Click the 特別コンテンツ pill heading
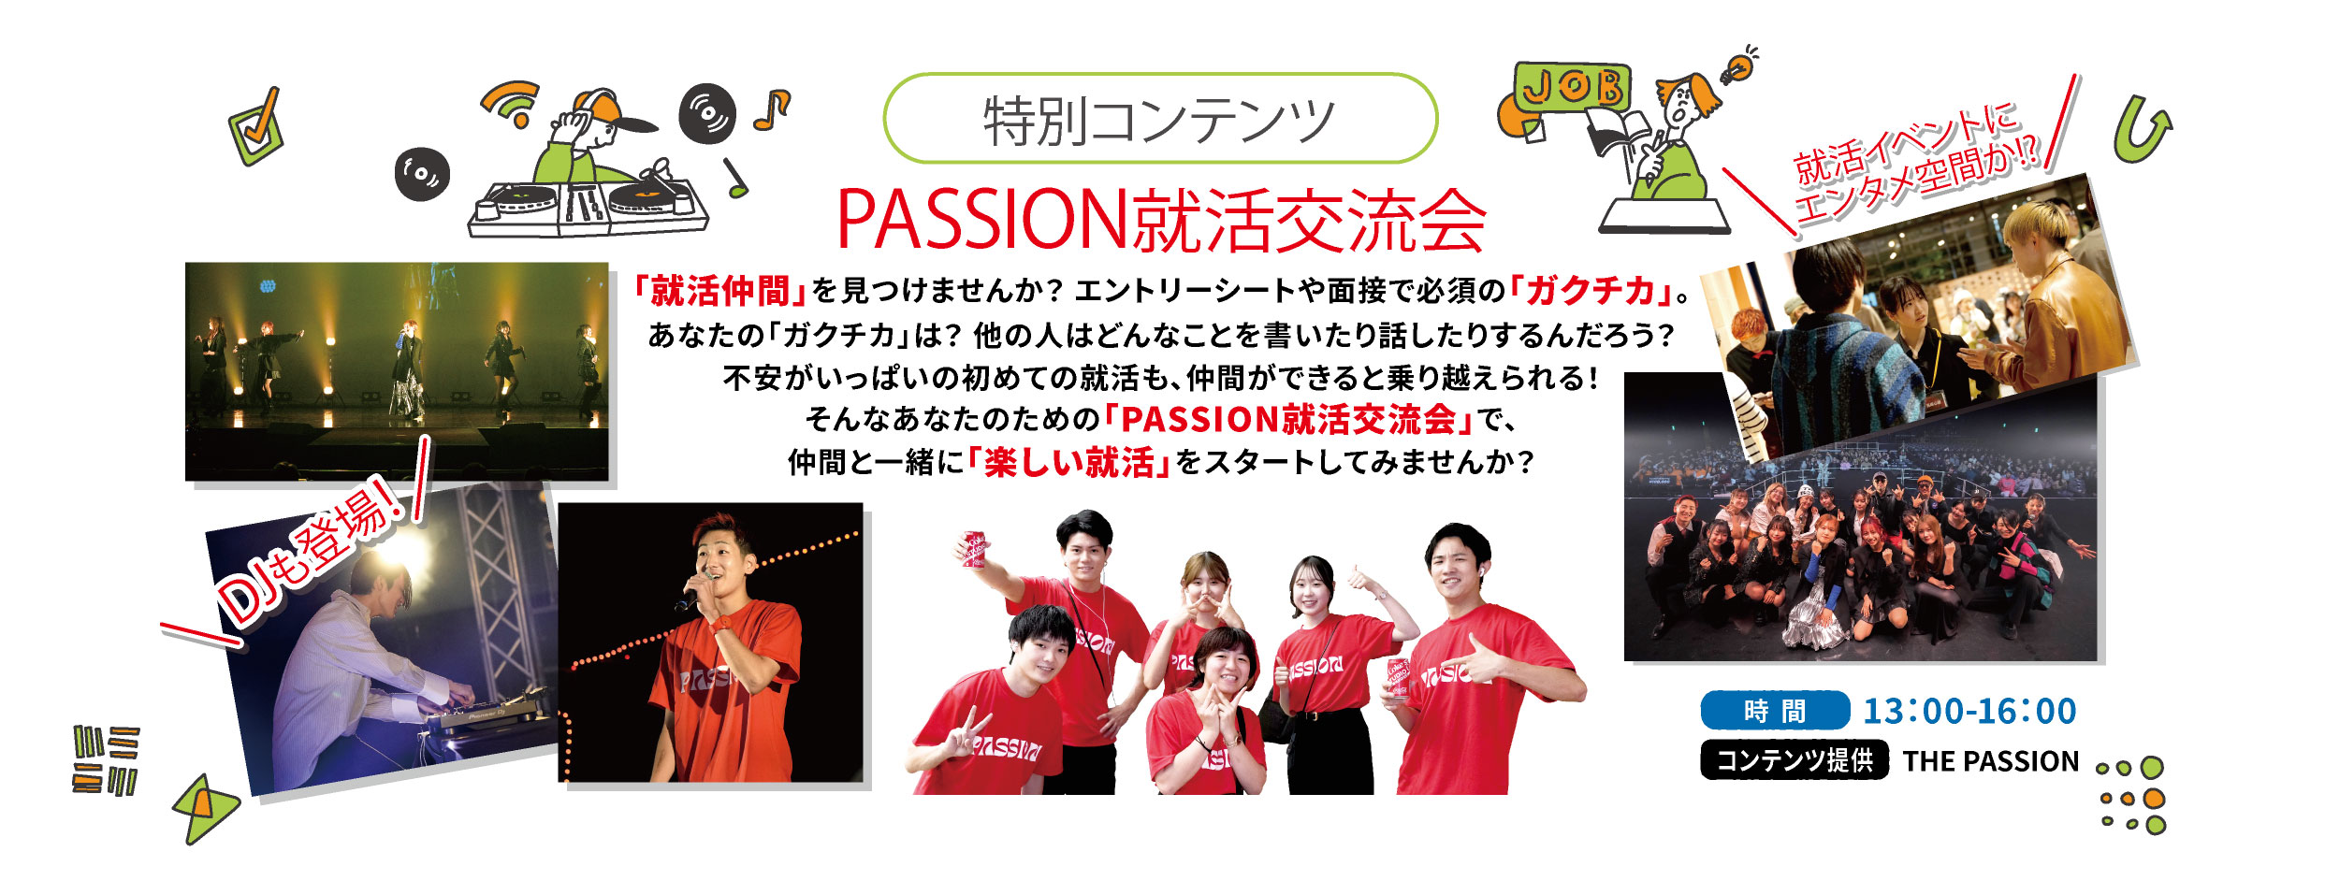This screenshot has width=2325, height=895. click(1160, 119)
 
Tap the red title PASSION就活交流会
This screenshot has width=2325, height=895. click(1160, 221)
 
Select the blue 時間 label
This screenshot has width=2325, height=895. click(1775, 711)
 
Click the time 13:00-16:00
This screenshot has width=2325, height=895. click(1969, 711)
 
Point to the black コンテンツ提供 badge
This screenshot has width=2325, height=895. click(1795, 759)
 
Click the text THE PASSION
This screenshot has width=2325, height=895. click(1991, 761)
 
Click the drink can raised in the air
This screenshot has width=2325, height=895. click(974, 549)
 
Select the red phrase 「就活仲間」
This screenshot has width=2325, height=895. click(719, 291)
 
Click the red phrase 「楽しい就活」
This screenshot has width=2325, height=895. click(1070, 462)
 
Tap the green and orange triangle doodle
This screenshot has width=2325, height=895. click(204, 809)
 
